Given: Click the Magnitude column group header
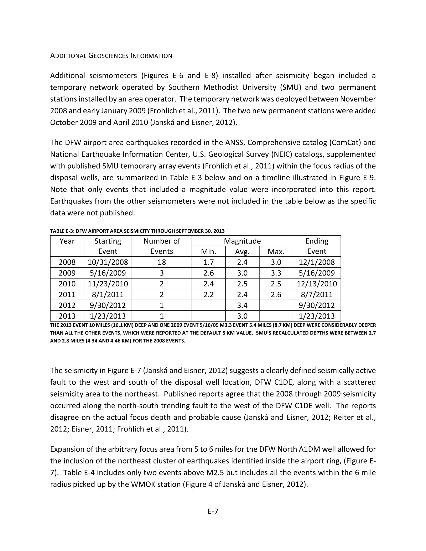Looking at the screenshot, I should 242,241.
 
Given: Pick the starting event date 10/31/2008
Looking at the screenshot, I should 108,262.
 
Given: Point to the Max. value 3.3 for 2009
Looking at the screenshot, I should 276,273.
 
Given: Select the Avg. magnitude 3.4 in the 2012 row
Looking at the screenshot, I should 242,305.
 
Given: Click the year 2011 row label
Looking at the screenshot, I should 67,294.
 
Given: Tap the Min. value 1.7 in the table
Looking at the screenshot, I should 208,262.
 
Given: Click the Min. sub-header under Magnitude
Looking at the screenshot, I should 208,252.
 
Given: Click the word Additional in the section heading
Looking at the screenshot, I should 68,56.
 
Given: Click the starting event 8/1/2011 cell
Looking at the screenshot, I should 108,294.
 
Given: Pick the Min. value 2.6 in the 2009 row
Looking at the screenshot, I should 208,273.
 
